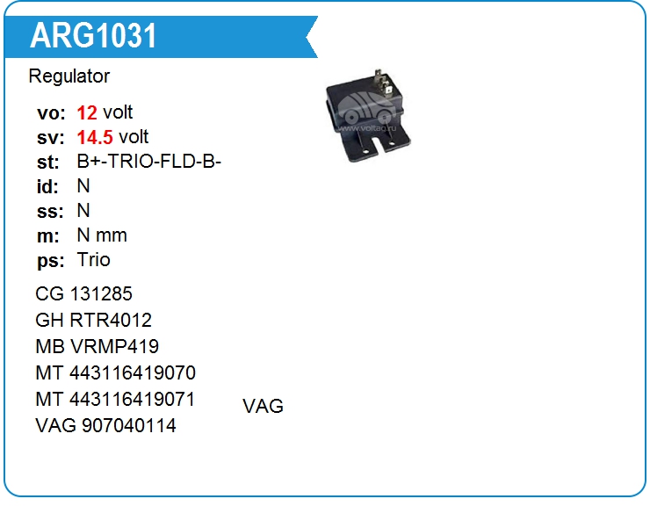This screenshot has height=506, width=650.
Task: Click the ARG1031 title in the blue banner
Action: coord(94,36)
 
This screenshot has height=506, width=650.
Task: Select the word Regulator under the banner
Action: coord(69,76)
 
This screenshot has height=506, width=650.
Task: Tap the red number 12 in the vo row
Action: coord(87,112)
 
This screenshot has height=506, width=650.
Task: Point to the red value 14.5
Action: coord(96,137)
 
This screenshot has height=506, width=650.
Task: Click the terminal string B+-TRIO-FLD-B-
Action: coord(148,162)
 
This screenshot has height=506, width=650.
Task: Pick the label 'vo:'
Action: coord(50,112)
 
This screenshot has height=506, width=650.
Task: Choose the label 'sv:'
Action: coord(50,137)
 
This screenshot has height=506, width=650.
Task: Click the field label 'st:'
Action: coord(48,162)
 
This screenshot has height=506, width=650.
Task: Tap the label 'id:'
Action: coord(47,186)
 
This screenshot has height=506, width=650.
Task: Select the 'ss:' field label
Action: coord(49,211)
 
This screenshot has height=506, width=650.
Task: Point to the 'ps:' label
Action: coord(49,260)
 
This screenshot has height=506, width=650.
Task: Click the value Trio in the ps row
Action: coord(94,260)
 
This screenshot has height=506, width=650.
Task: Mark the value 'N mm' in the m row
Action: coord(102,235)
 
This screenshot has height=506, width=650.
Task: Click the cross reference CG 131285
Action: coord(84,293)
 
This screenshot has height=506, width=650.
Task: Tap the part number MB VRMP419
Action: coord(97,346)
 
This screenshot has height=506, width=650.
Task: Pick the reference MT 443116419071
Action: coord(115,399)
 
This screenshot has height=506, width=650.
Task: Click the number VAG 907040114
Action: coord(105,425)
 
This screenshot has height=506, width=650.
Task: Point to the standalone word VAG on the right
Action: coord(263,407)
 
